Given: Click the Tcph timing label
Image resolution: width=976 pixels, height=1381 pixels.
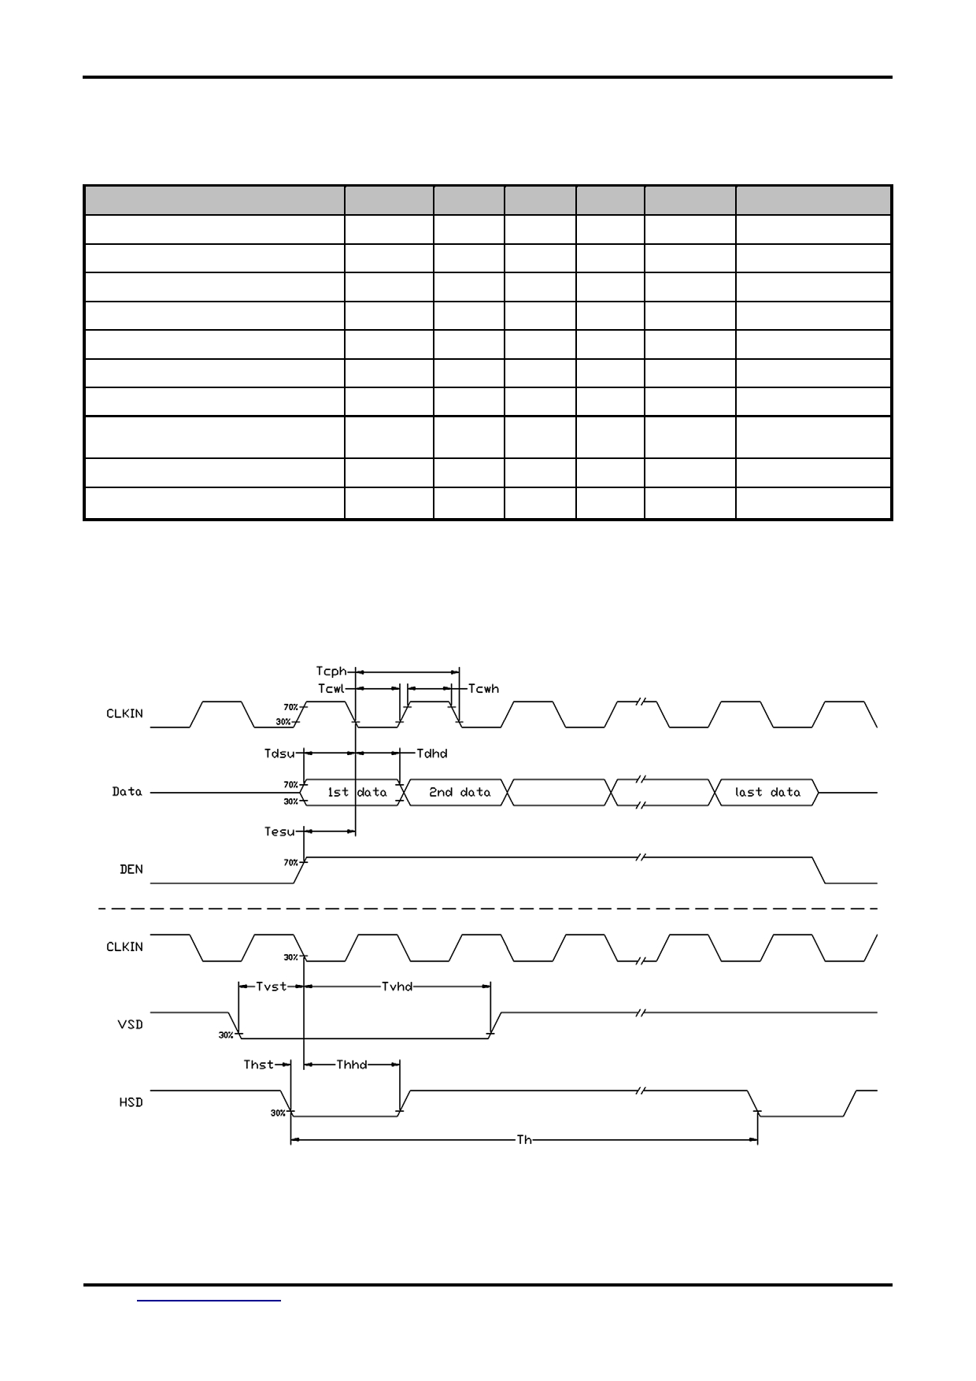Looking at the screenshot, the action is pyautogui.click(x=331, y=672).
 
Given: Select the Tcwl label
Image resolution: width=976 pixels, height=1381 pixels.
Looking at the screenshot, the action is pyautogui.click(x=331, y=689).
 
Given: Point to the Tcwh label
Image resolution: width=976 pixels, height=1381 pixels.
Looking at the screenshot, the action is pyautogui.click(x=483, y=689).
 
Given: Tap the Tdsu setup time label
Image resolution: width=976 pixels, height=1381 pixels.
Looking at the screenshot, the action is pyautogui.click(x=279, y=753).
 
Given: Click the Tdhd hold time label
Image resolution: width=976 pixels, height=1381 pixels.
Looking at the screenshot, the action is pyautogui.click(x=432, y=753).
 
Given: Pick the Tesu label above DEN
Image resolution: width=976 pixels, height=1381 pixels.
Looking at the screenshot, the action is pyautogui.click(x=279, y=831).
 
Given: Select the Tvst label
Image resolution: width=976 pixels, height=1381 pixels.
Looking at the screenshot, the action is pyautogui.click(x=272, y=987).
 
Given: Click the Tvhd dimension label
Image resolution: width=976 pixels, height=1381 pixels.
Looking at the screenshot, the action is pyautogui.click(x=397, y=987).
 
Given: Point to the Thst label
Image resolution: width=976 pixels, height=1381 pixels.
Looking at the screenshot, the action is pyautogui.click(x=259, y=1064).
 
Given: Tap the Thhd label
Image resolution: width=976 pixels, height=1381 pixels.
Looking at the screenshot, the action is pyautogui.click(x=352, y=1064).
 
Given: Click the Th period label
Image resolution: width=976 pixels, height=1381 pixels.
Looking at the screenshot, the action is pyautogui.click(x=524, y=1139).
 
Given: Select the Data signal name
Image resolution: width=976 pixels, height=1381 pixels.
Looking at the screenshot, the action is pyautogui.click(x=127, y=792).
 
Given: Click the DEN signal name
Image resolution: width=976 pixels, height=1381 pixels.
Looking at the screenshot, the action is pyautogui.click(x=131, y=869).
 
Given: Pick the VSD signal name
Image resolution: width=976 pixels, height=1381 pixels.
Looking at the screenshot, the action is pyautogui.click(x=131, y=1024).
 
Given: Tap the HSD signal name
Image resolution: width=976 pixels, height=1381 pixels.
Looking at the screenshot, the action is pyautogui.click(x=131, y=1102).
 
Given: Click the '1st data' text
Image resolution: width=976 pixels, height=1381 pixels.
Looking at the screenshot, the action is pyautogui.click(x=357, y=793).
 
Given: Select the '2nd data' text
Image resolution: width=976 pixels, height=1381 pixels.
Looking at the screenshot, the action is pyautogui.click(x=460, y=793).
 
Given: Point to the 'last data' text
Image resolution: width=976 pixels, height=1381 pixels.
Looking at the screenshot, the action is pyautogui.click(x=767, y=793).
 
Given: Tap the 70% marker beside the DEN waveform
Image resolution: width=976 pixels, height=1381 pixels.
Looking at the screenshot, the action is pyautogui.click(x=290, y=863).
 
